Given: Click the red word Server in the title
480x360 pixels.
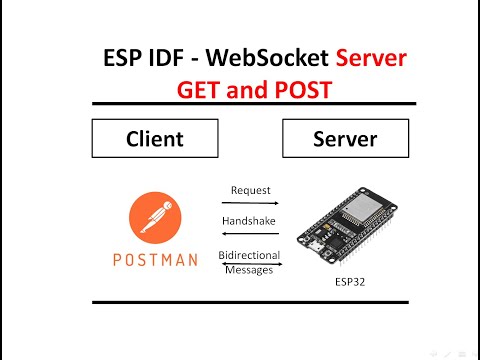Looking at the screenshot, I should pyautogui.click(x=370, y=59).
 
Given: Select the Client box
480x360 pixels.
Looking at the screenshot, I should pyautogui.click(x=156, y=139).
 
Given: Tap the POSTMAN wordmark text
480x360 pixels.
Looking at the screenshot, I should pyautogui.click(x=155, y=259).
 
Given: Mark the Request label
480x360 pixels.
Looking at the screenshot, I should pyautogui.click(x=250, y=189).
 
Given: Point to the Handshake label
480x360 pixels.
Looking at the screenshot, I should pyautogui.click(x=250, y=221).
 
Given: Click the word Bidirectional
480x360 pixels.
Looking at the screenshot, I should pyautogui.click(x=250, y=256).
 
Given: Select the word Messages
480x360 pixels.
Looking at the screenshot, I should pyautogui.click(x=250, y=270).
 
